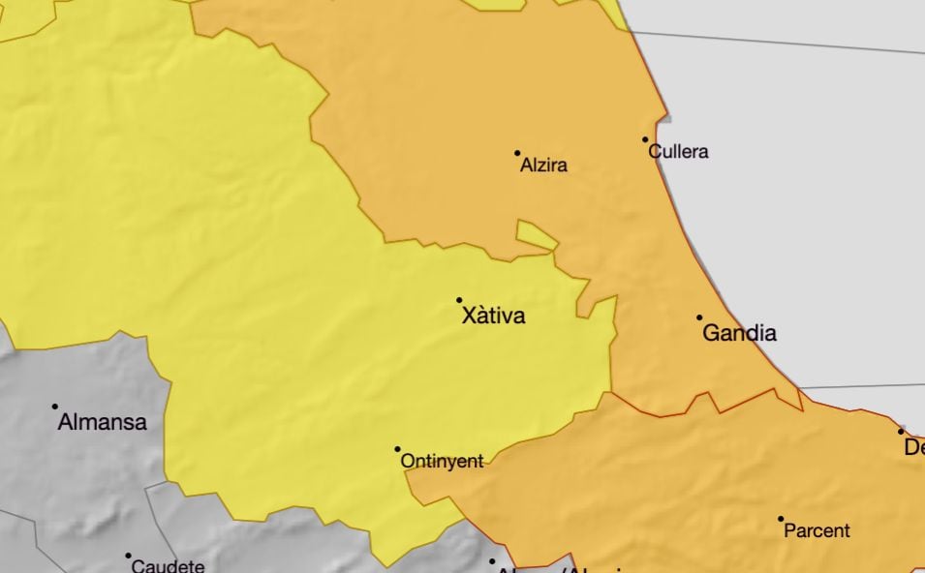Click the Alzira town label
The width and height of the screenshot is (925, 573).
543,166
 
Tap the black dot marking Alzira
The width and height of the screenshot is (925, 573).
517,153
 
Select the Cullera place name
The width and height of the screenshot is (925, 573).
678,152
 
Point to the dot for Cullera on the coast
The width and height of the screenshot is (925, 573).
646,139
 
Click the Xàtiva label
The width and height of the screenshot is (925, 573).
494,316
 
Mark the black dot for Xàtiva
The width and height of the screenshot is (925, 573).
459,300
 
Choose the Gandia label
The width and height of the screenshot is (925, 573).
739,334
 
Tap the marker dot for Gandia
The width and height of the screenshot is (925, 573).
699,317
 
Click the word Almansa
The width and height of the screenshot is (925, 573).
102,422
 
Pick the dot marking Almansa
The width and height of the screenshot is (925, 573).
55,407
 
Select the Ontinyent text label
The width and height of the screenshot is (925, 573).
442,462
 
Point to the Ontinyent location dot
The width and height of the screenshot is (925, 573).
397,449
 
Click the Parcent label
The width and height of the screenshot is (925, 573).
817,531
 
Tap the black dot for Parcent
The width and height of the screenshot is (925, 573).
781,519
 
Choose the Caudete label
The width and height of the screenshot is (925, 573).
168,566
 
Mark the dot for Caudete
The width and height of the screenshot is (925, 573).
128,556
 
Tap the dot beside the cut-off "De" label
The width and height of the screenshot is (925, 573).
900,432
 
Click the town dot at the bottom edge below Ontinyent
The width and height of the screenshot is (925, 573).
492,560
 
